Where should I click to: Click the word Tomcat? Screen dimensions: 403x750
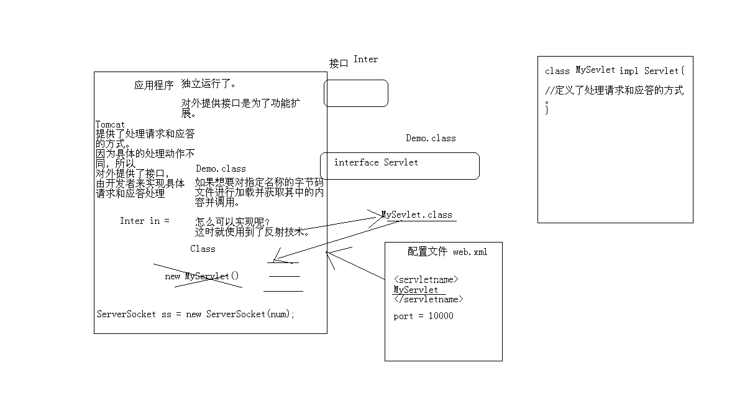pyautogui.click(x=110, y=124)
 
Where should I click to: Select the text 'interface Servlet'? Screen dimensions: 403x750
pyautogui.click(x=376, y=163)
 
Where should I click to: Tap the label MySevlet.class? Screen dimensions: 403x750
pyautogui.click(x=417, y=215)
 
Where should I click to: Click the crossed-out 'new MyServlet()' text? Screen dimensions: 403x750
pyautogui.click(x=202, y=276)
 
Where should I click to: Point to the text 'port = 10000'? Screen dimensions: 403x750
pyautogui.click(x=423, y=316)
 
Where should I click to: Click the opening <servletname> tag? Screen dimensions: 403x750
pyautogui.click(x=426, y=280)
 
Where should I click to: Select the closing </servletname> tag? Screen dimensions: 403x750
pyautogui.click(x=429, y=299)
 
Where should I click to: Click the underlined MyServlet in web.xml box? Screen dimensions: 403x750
pyautogui.click(x=416, y=290)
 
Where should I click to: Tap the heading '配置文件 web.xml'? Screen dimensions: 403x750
pyautogui.click(x=447, y=252)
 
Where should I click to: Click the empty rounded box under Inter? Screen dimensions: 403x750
pyautogui.click(x=356, y=93)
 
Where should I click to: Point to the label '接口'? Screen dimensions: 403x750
pyautogui.click(x=339, y=63)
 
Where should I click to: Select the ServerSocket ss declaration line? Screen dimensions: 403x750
pyautogui.click(x=196, y=314)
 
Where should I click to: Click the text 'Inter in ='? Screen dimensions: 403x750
pyautogui.click(x=144, y=221)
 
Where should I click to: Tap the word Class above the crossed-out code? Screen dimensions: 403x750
pyautogui.click(x=203, y=249)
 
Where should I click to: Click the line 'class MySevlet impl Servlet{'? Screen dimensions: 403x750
pyautogui.click(x=615, y=71)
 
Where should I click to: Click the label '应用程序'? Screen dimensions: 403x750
pyautogui.click(x=153, y=86)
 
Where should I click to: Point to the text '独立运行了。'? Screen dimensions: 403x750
pyautogui.click(x=209, y=83)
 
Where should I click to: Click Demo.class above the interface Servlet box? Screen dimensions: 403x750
pyautogui.click(x=431, y=138)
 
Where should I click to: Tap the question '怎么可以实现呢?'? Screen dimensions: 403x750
pyautogui.click(x=233, y=222)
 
